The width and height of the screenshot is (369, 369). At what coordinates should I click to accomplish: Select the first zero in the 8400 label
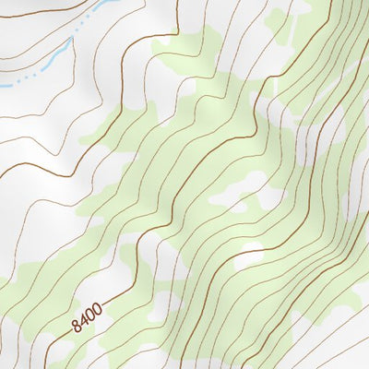[89, 315]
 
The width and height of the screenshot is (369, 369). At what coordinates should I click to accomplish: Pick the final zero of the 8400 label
[96, 309]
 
